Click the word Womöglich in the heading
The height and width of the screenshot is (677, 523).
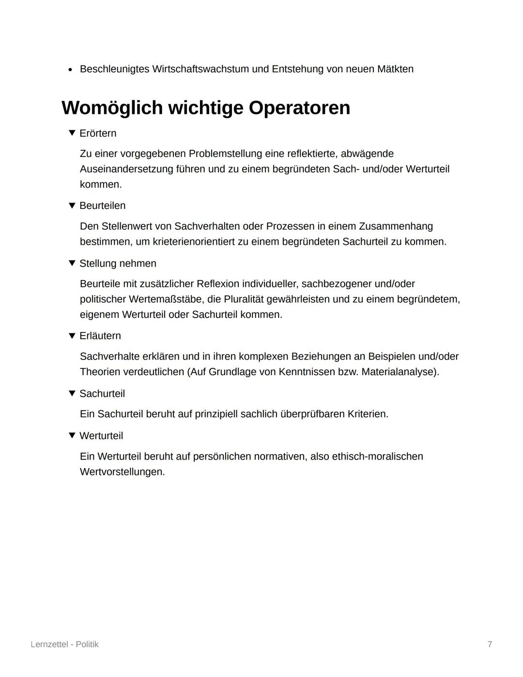click(112, 108)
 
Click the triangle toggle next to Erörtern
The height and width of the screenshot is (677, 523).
click(72, 133)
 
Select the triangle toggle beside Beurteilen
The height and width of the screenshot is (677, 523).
click(72, 205)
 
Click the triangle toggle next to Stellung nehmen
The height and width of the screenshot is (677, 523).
click(72, 263)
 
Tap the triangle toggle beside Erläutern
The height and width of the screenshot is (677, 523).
click(72, 335)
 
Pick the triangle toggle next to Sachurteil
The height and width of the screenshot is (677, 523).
click(72, 394)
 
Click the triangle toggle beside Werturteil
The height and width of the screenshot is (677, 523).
click(72, 436)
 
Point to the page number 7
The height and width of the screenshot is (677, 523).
click(490, 644)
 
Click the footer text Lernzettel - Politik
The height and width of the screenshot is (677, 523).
click(64, 644)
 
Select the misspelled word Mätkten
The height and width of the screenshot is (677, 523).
click(394, 69)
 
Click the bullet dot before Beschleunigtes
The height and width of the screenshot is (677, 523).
click(70, 69)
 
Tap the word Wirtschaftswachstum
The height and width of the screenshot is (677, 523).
click(200, 69)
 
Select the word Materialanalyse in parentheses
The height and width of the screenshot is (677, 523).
click(398, 372)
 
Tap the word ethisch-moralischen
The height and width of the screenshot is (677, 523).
click(377, 457)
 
